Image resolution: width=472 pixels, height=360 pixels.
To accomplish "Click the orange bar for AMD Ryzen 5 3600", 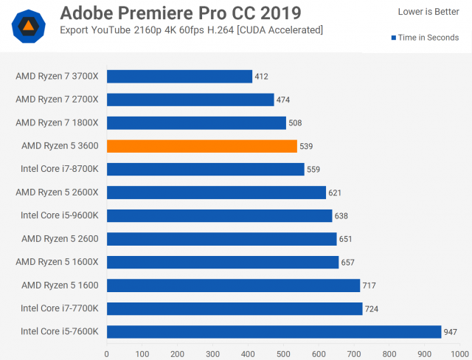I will pyautogui.click(x=202, y=146).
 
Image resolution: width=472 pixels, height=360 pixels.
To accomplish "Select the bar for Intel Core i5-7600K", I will pyautogui.click(x=274, y=332).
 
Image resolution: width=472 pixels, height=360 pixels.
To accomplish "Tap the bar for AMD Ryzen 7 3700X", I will pyautogui.click(x=179, y=76).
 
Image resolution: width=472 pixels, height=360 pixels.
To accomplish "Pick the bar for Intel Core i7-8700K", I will pyautogui.click(x=206, y=169).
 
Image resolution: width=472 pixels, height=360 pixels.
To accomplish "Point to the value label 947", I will pyautogui.click(x=451, y=332).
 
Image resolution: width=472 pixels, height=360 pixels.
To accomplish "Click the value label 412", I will pyautogui.click(x=261, y=76).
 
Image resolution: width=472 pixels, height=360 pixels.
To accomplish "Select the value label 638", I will pyautogui.click(x=341, y=216).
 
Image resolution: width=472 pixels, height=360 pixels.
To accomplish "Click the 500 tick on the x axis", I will pyautogui.click(x=283, y=353).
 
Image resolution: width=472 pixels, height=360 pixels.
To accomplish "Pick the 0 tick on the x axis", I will pyautogui.click(x=107, y=353).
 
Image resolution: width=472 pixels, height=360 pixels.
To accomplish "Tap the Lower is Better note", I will pyautogui.click(x=428, y=12).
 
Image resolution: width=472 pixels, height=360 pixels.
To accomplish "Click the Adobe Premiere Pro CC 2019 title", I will pyautogui.click(x=181, y=13).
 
